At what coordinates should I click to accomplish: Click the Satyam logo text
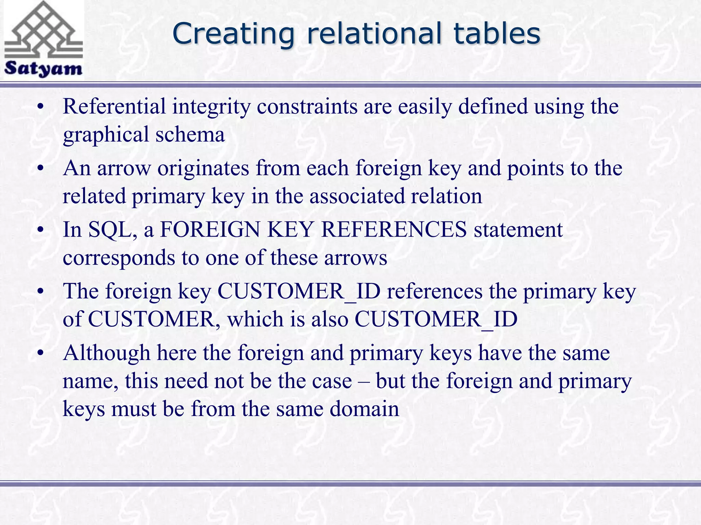point(43,68)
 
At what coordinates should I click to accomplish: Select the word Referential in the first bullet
point(114,106)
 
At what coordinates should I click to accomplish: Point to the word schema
point(190,134)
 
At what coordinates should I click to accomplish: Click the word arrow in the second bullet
point(124,168)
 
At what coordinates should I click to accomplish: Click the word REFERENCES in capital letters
point(394,229)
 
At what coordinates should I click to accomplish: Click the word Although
point(106,353)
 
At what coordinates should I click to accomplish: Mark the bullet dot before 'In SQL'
point(41,230)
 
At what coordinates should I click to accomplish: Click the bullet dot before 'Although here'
point(41,353)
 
